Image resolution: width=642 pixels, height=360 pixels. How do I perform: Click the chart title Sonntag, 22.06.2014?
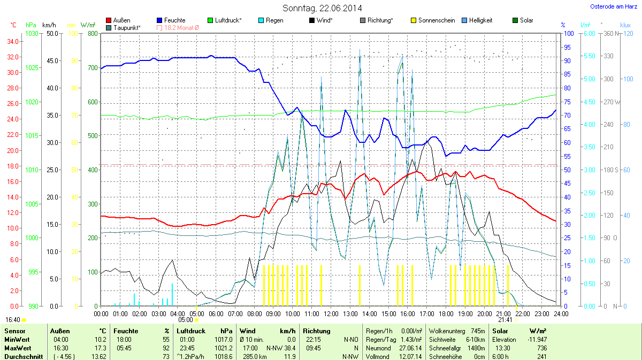coord(322,8)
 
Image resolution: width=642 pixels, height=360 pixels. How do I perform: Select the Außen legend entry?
coord(121,20)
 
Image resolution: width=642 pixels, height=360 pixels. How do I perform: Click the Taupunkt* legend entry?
coord(127,27)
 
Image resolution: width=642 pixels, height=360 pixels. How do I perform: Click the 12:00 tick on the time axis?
coord(331,313)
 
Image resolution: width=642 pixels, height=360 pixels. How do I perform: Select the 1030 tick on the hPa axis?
coord(32,34)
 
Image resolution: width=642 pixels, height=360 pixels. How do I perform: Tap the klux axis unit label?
coord(625,25)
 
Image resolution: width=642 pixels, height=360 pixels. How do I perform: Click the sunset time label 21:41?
coord(506,320)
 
